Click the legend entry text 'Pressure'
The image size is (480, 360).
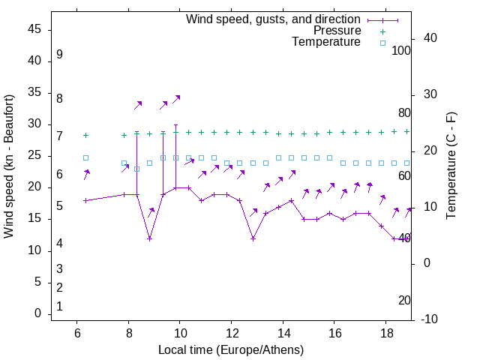337,31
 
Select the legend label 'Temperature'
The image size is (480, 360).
326,42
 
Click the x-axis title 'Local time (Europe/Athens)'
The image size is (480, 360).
231,350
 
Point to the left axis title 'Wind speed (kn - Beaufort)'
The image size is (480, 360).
9,166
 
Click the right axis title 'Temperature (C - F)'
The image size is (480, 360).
451,166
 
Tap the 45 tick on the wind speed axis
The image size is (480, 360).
34,29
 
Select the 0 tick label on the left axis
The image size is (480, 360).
38,314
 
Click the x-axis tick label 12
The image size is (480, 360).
231,334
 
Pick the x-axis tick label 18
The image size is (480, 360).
385,334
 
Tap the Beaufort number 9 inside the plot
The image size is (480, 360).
59,55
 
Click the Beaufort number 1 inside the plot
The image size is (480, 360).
59,306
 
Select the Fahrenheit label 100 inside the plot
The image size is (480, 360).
401,50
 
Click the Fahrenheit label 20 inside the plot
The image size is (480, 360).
404,300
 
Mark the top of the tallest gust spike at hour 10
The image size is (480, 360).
175,125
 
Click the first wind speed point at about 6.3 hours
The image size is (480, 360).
85,200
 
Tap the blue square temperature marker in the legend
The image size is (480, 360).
382,43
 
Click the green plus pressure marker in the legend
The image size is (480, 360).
382,31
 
